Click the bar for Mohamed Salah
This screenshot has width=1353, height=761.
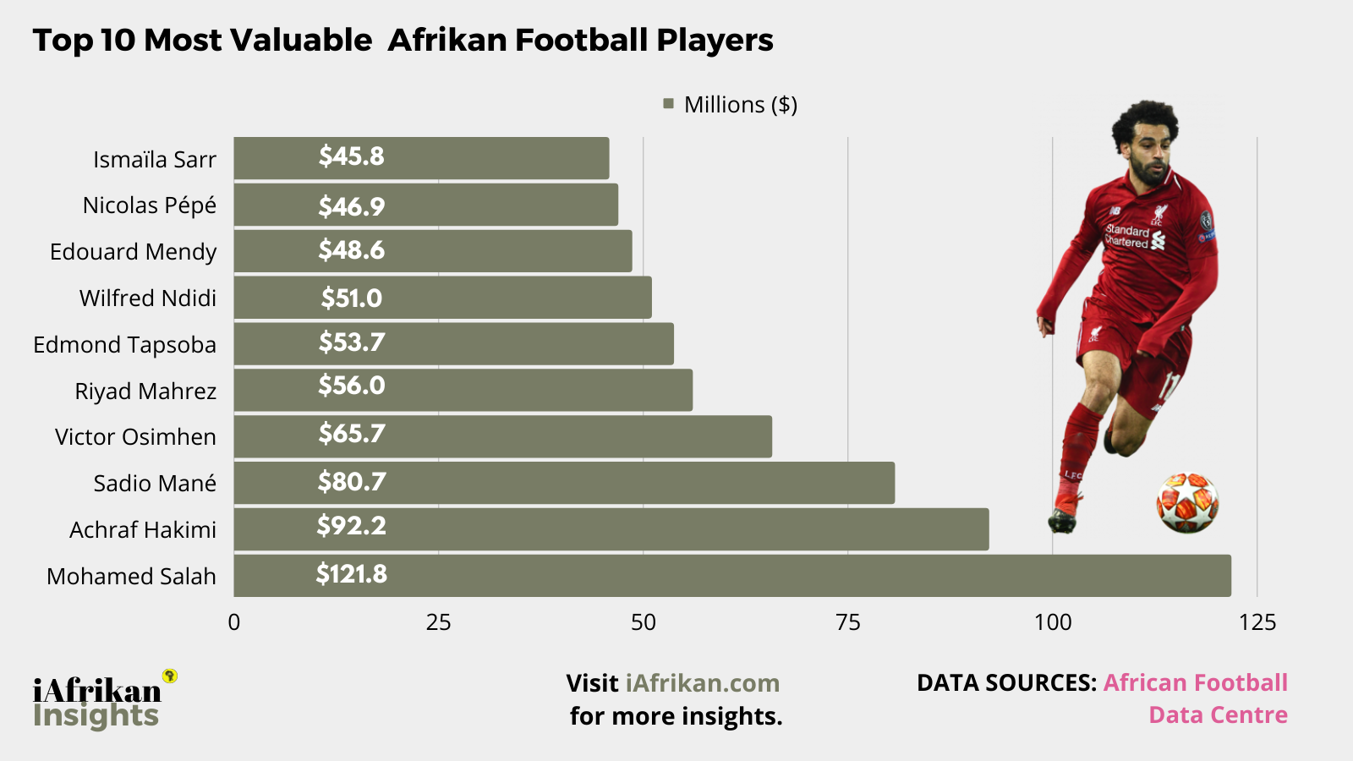(x=732, y=576)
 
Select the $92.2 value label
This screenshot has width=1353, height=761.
(x=352, y=526)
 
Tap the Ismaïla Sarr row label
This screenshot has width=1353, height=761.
(x=155, y=159)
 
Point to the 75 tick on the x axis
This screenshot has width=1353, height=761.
(x=847, y=623)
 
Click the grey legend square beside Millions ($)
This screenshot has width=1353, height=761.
(x=668, y=104)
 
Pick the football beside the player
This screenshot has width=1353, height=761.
(x=1187, y=503)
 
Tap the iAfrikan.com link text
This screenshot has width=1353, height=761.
(x=703, y=683)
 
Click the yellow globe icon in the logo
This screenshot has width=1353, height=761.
(x=169, y=676)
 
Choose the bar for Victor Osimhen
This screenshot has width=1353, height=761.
(x=503, y=436)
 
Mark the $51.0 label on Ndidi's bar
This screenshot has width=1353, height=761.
(x=352, y=298)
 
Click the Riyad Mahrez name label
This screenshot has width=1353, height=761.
(x=145, y=391)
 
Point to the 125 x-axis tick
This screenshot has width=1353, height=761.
(x=1257, y=623)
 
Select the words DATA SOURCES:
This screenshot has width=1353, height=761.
(x=1006, y=683)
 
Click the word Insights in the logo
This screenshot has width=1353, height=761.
(x=96, y=715)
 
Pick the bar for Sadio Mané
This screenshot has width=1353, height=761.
(x=564, y=483)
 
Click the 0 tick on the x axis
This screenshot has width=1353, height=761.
(x=234, y=623)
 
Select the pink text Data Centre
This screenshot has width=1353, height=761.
(x=1218, y=715)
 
